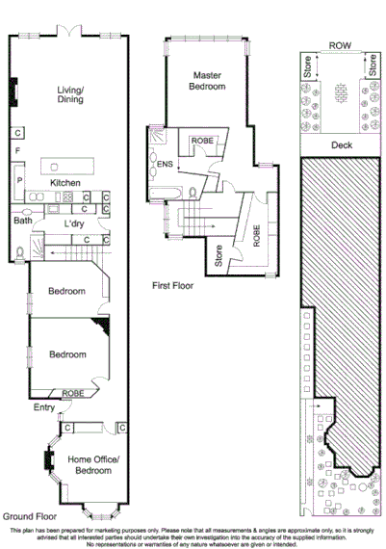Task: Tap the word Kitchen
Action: [65, 182]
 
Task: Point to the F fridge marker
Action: [18, 151]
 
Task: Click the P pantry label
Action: [18, 178]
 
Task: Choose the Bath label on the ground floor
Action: [22, 221]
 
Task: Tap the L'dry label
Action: [74, 224]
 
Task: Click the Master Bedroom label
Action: [208, 81]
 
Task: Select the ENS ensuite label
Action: [165, 164]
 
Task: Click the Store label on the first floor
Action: [219, 256]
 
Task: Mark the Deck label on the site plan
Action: [342, 146]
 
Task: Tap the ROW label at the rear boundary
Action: [340, 45]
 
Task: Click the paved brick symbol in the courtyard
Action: [340, 92]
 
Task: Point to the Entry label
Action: [44, 407]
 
